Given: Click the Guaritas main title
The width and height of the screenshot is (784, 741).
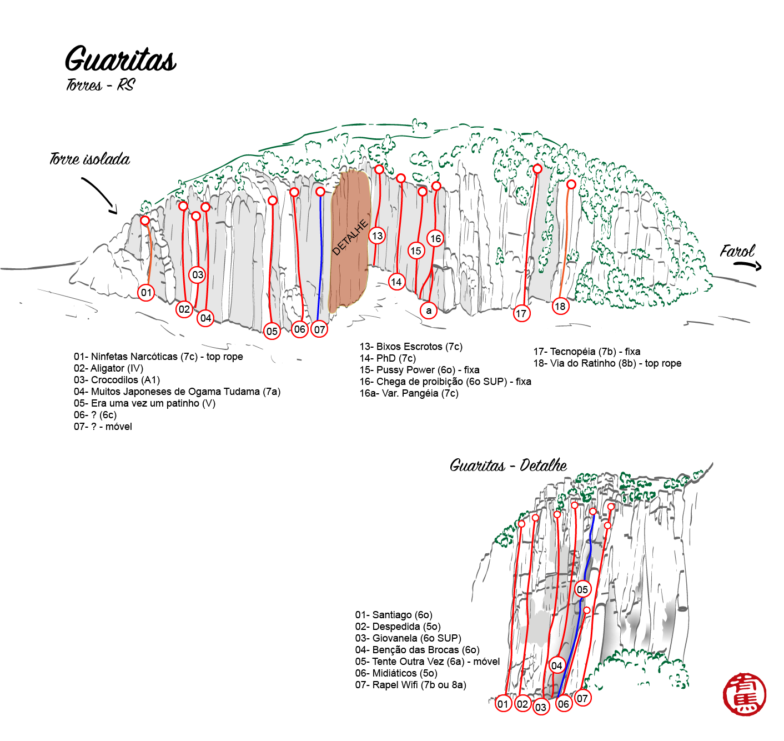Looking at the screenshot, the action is pyautogui.click(x=120, y=59).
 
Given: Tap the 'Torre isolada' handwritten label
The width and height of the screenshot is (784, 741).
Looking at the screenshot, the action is pyautogui.click(x=89, y=159).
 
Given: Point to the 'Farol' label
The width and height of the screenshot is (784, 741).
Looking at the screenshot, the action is pyautogui.click(x=737, y=251).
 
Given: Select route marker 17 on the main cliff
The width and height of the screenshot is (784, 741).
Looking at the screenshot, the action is pyautogui.click(x=521, y=314).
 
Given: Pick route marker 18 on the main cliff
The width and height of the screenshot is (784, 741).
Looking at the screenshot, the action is pyautogui.click(x=560, y=306).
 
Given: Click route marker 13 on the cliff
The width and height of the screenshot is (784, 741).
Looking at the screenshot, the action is pyautogui.click(x=378, y=236).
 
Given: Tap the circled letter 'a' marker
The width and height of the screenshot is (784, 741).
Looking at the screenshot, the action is pyautogui.click(x=429, y=311).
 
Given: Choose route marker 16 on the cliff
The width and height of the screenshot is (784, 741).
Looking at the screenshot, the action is pyautogui.click(x=435, y=238).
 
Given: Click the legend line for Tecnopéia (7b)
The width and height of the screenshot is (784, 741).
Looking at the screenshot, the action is pyautogui.click(x=587, y=352).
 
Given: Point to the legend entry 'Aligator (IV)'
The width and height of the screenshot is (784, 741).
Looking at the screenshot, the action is pyautogui.click(x=109, y=368).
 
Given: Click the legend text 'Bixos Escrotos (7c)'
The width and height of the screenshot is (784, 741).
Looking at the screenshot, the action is pyautogui.click(x=411, y=347).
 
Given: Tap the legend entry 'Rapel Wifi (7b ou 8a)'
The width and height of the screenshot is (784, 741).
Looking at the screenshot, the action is pyautogui.click(x=410, y=684).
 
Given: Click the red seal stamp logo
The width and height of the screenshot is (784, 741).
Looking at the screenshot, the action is pyautogui.click(x=745, y=694).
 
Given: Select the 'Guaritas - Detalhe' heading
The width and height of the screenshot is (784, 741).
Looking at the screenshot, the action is pyautogui.click(x=509, y=465).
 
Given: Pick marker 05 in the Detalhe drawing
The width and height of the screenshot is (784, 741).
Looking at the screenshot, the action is pyautogui.click(x=582, y=590).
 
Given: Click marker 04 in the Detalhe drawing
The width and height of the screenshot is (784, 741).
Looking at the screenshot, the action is pyautogui.click(x=556, y=666).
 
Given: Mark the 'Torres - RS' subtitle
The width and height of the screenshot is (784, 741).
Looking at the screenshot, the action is pyautogui.click(x=100, y=85).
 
